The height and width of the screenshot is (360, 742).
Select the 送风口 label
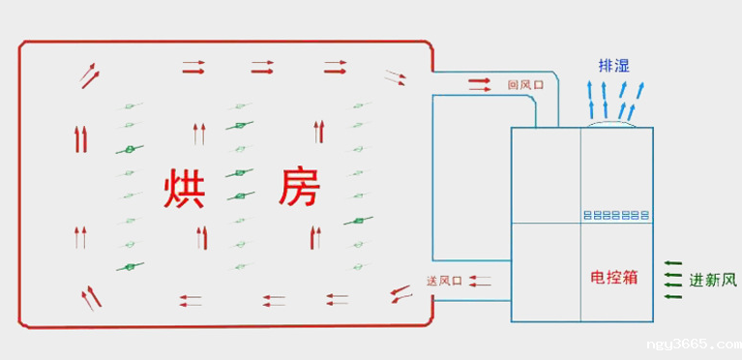(445, 281)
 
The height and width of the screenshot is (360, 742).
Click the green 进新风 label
(713, 281)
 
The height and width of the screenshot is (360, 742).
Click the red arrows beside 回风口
(480, 84)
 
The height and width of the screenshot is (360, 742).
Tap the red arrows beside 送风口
(480, 281)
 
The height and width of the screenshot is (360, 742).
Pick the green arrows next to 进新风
(674, 280)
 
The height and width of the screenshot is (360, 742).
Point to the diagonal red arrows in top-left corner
(88, 74)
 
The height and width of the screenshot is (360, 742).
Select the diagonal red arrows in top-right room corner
(395, 77)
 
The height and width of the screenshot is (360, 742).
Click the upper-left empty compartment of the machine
(545, 175)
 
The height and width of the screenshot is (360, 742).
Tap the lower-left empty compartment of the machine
(545, 273)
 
